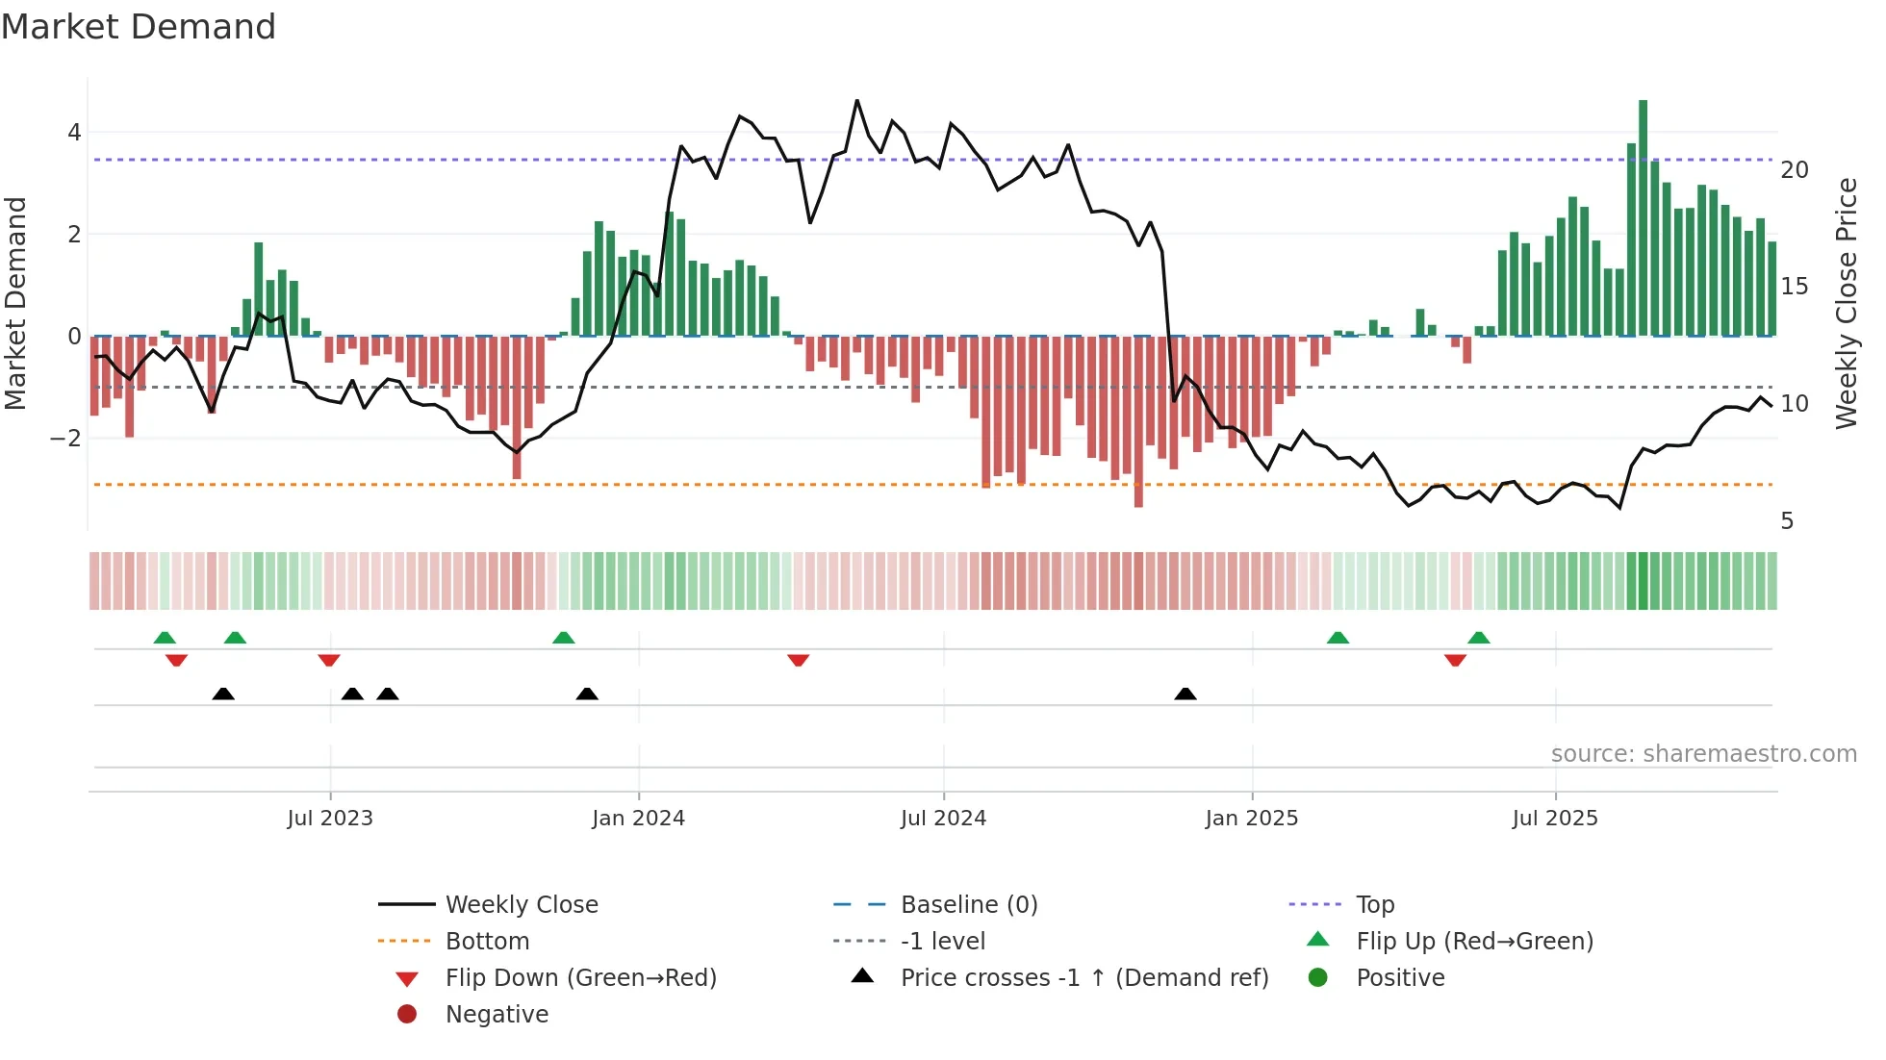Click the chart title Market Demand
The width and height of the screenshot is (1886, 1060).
tap(139, 27)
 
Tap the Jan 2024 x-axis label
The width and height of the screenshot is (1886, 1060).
tap(638, 819)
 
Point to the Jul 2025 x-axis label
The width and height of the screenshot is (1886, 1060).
tap(1554, 819)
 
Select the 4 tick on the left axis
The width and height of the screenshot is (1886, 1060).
tap(74, 133)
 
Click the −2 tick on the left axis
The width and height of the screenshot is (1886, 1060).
tap(66, 439)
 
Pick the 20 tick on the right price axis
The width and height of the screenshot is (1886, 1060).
tap(1795, 170)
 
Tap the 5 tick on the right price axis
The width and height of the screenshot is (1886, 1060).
tap(1787, 521)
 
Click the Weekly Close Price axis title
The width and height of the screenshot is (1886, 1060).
tap(1846, 303)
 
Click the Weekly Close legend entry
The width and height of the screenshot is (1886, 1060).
tap(521, 905)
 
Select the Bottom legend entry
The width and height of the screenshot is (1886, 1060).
tap(487, 942)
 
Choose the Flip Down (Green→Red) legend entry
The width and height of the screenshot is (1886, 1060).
tap(580, 978)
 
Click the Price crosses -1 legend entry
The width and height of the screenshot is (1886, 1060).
tap(1083, 978)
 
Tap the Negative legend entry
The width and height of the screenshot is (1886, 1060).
tap(497, 1015)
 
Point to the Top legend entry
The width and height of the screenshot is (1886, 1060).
tap(1374, 905)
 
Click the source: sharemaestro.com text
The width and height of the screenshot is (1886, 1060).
tap(1703, 754)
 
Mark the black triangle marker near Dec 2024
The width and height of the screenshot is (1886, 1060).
tap(1185, 694)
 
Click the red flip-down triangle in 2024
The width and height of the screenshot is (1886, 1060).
tap(798, 660)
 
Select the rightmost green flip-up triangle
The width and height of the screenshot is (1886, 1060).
tap(1479, 638)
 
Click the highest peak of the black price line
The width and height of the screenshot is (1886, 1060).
tap(857, 100)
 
